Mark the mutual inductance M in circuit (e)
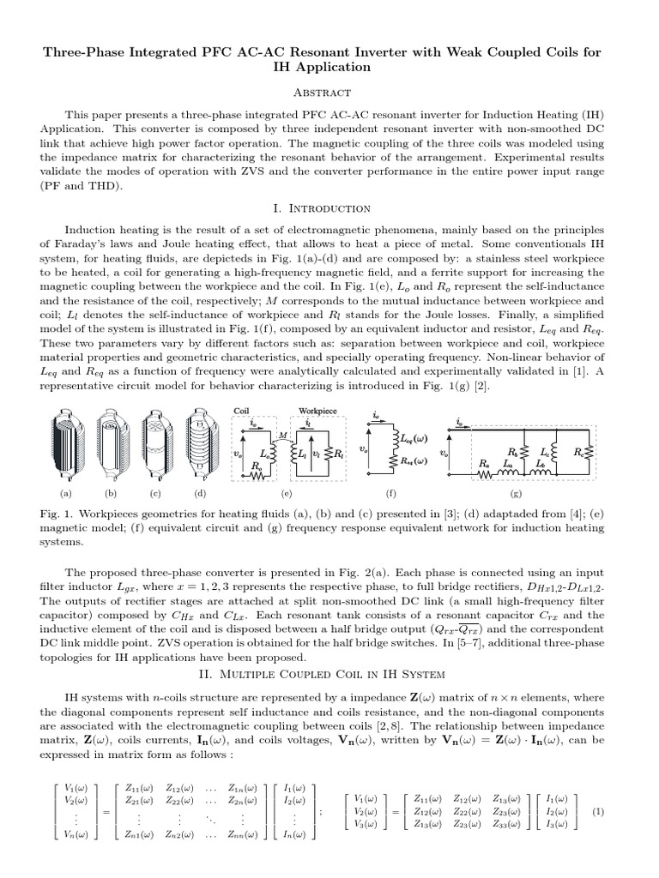click(281, 435)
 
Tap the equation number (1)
click(598, 811)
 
